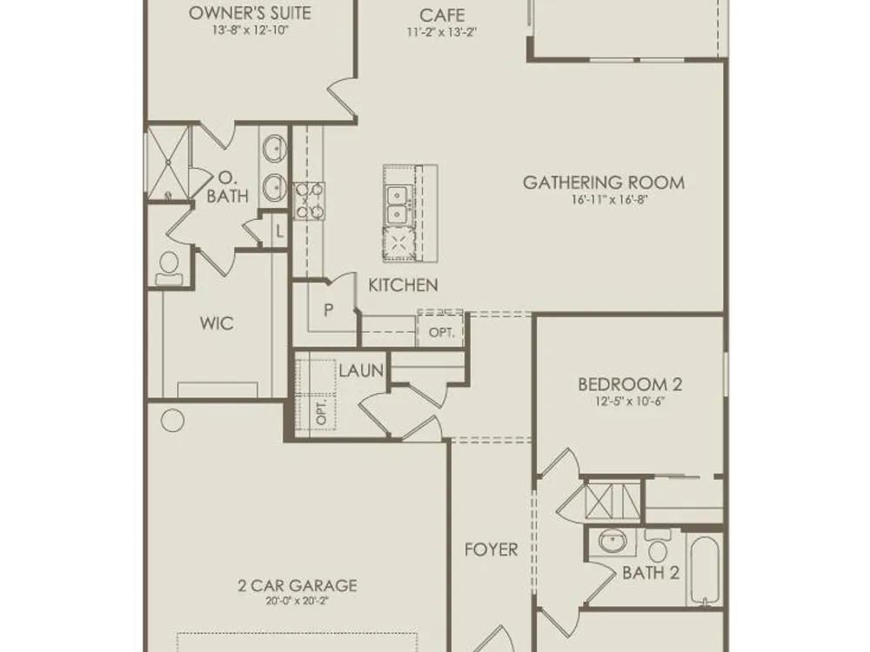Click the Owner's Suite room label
click(250, 13)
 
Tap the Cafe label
click(442, 15)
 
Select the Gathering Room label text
click(604, 183)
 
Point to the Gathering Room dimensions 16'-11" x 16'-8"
click(610, 200)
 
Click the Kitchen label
click(404, 285)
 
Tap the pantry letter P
click(329, 310)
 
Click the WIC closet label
click(217, 323)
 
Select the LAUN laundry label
click(361, 370)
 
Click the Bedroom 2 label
click(630, 384)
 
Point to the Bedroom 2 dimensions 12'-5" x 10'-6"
click(630, 401)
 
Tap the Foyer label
click(491, 549)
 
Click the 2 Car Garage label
click(298, 585)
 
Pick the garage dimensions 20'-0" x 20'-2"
click(298, 601)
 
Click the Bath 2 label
click(651, 573)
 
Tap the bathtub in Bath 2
click(705, 570)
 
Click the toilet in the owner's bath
click(169, 269)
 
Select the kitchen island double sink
click(398, 204)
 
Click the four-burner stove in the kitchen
click(309, 201)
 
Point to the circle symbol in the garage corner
click(172, 421)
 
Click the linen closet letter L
click(279, 230)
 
